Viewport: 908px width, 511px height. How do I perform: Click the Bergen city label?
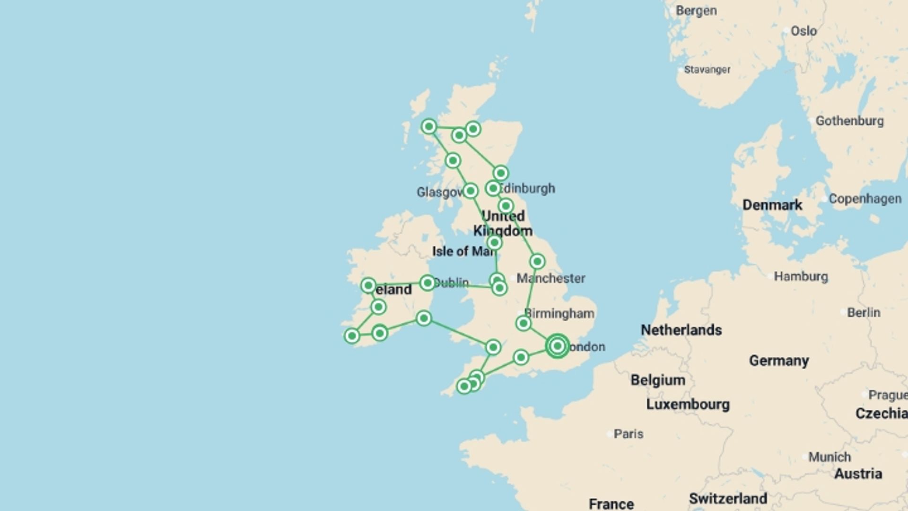pyautogui.click(x=696, y=10)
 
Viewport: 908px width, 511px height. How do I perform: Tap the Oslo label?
pyautogui.click(x=803, y=31)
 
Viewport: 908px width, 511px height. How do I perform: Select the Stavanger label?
pyautogui.click(x=707, y=70)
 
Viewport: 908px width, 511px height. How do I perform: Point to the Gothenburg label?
pyautogui.click(x=849, y=121)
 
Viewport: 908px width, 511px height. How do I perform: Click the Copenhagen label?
pyautogui.click(x=864, y=199)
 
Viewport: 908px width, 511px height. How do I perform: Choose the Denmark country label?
pyautogui.click(x=772, y=205)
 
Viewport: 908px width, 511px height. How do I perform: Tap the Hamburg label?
pyautogui.click(x=801, y=276)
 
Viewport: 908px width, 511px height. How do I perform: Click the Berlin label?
pyautogui.click(x=863, y=313)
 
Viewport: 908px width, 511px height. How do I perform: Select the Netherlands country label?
pyautogui.click(x=681, y=330)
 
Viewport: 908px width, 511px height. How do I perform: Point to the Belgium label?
pyautogui.click(x=657, y=380)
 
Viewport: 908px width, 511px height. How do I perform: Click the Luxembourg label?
pyautogui.click(x=688, y=405)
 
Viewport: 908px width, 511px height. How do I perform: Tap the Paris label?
pyautogui.click(x=628, y=434)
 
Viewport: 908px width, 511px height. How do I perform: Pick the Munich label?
pyautogui.click(x=829, y=457)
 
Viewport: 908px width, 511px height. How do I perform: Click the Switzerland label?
pyautogui.click(x=728, y=498)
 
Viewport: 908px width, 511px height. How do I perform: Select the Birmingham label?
pyautogui.click(x=559, y=313)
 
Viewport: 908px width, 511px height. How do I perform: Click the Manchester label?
pyautogui.click(x=550, y=278)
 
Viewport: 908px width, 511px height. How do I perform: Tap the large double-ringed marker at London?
pyautogui.click(x=557, y=346)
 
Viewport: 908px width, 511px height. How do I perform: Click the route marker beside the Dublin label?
pyautogui.click(x=428, y=283)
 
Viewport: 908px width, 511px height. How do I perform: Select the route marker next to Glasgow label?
pyautogui.click(x=470, y=191)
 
